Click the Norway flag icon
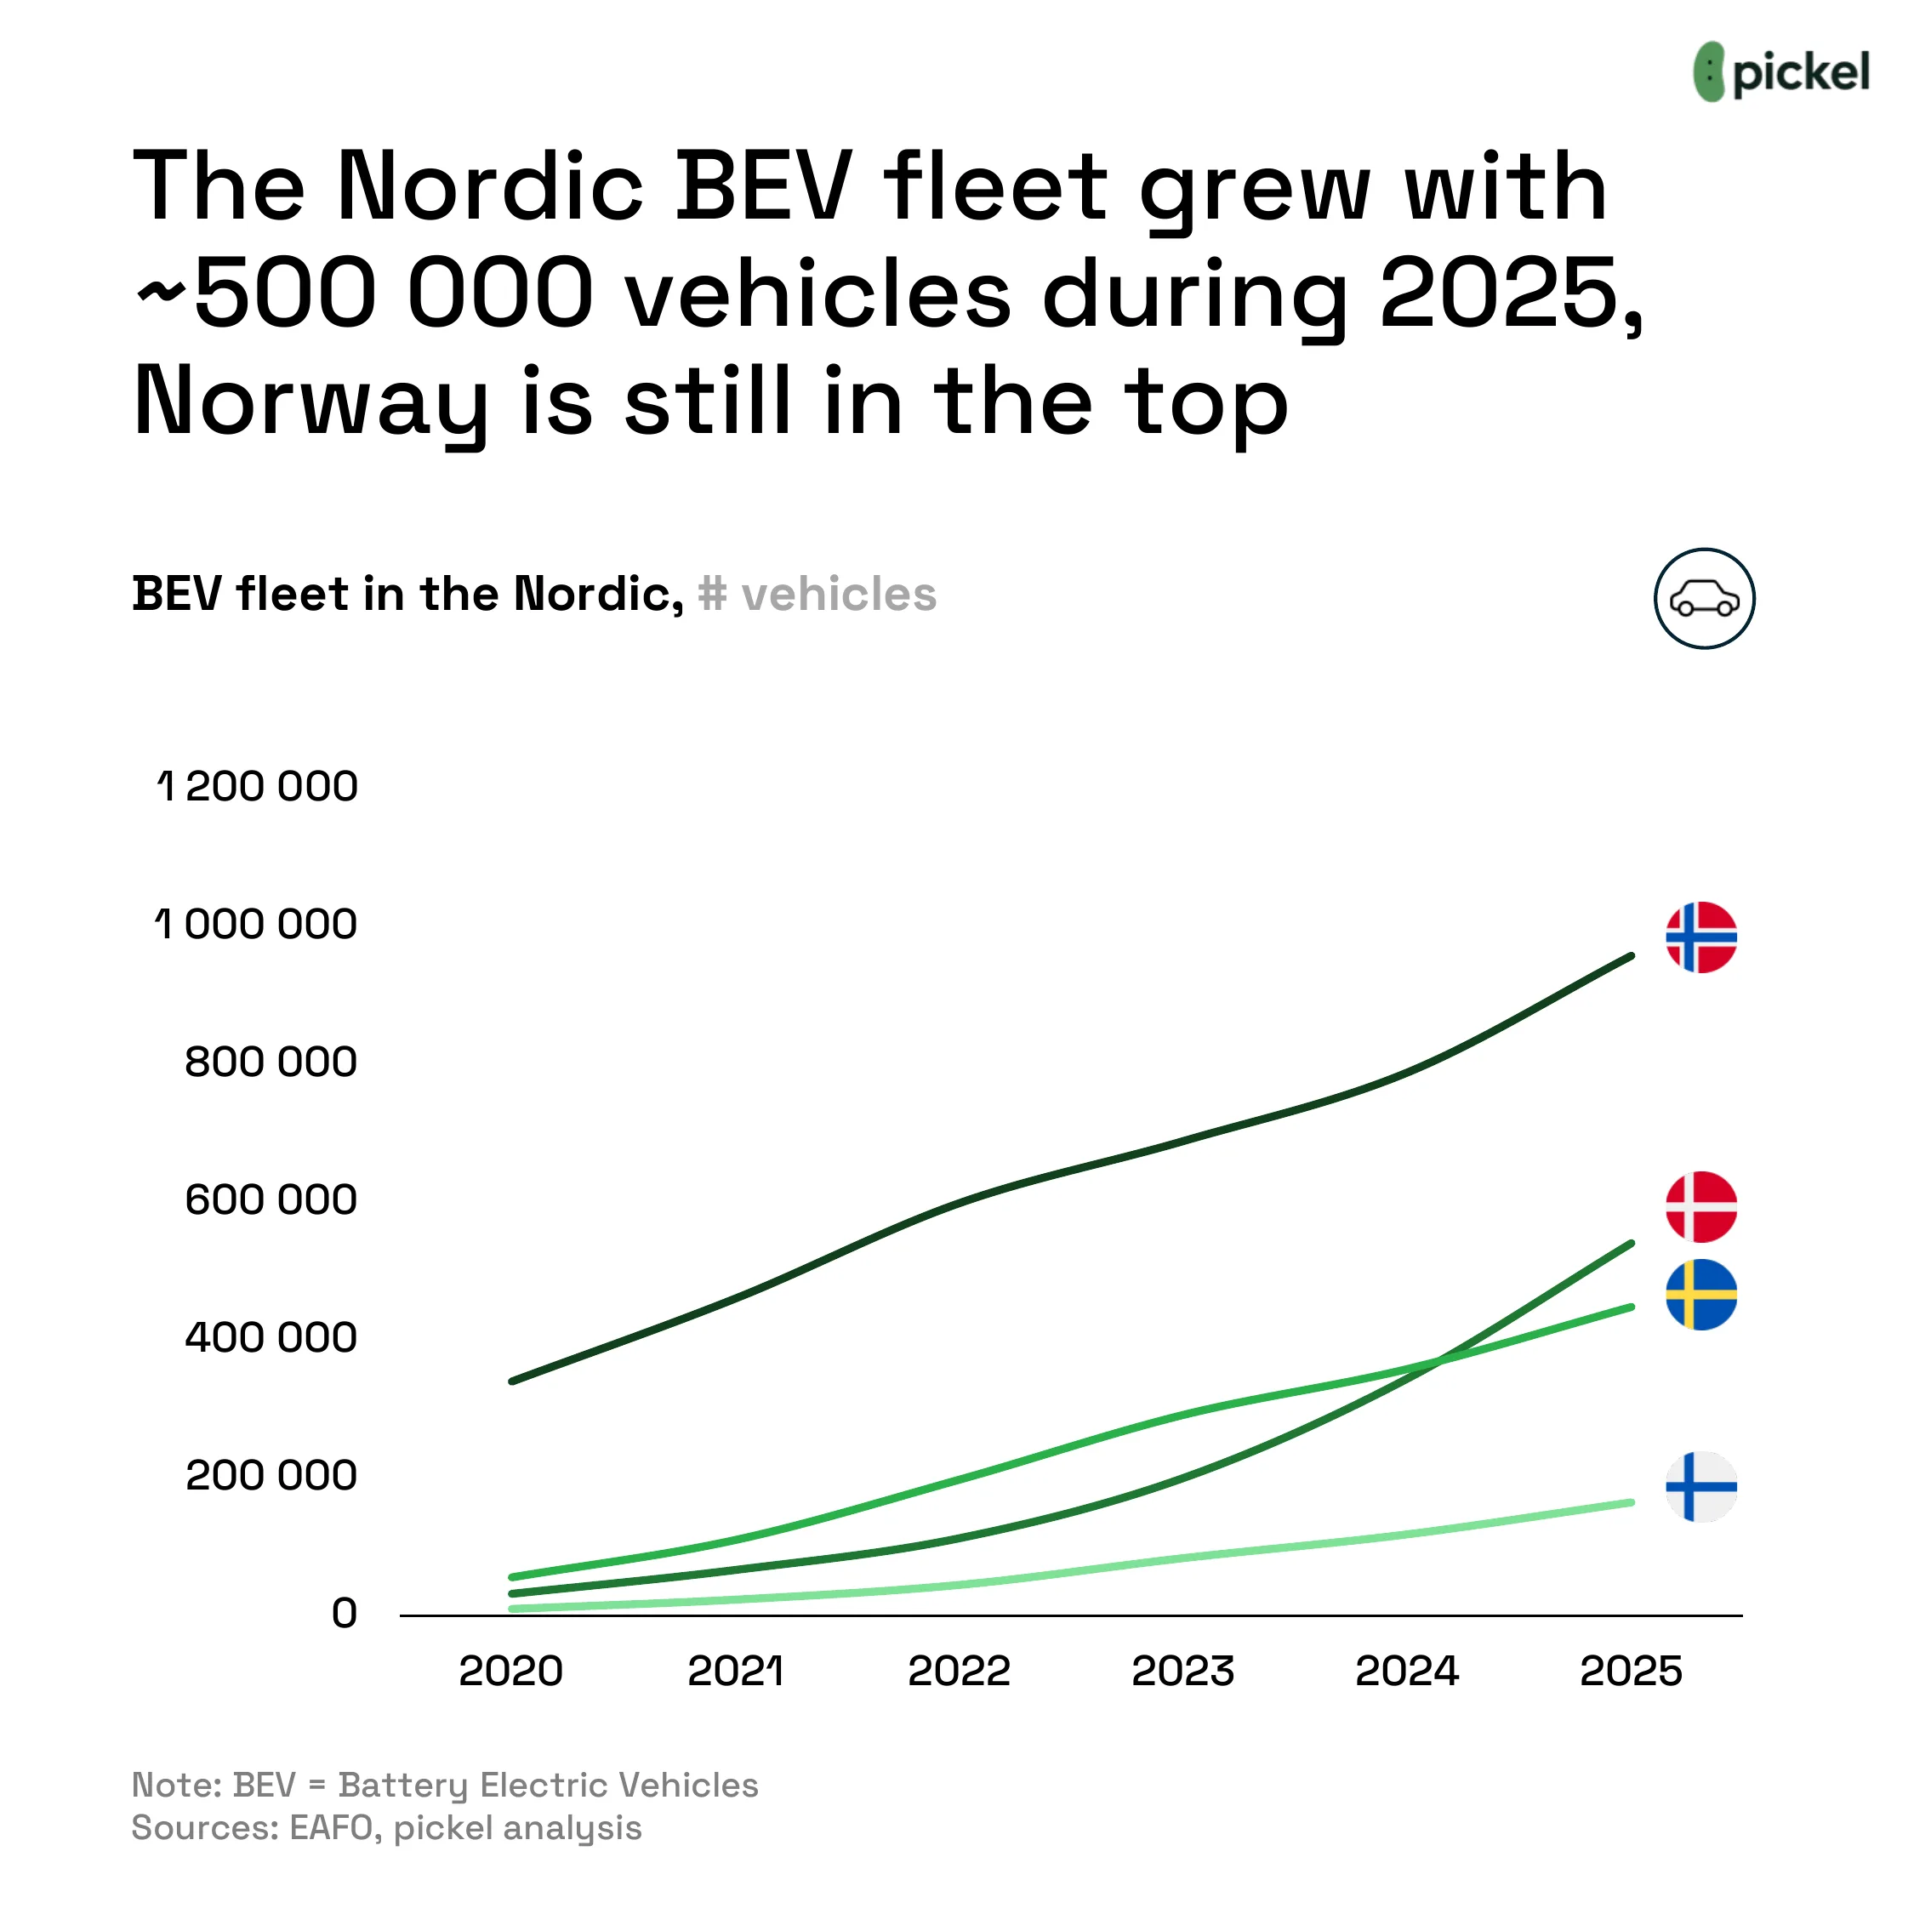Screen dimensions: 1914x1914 click(x=1701, y=937)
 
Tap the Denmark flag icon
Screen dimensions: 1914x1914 click(x=1701, y=1206)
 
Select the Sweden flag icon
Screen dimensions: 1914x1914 click(x=1701, y=1295)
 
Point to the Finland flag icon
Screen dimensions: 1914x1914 click(x=1701, y=1487)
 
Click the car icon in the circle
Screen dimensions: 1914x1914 click(x=1704, y=598)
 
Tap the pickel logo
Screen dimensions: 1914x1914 click(x=1781, y=72)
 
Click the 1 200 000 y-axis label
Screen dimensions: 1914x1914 click(x=258, y=787)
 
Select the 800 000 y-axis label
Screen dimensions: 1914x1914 click(x=271, y=1062)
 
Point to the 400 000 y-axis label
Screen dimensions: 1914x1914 click(x=271, y=1337)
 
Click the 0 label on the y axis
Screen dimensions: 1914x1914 click(x=344, y=1613)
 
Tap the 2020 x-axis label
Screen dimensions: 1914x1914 click(x=510, y=1672)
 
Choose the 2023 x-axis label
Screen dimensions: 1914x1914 click(x=1183, y=1672)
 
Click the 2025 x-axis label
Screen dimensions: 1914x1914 click(x=1631, y=1672)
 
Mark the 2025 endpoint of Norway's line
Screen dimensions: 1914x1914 click(x=1631, y=956)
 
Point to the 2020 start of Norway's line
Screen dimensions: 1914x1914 click(x=512, y=1380)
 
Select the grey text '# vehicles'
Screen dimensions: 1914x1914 click(x=817, y=595)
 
